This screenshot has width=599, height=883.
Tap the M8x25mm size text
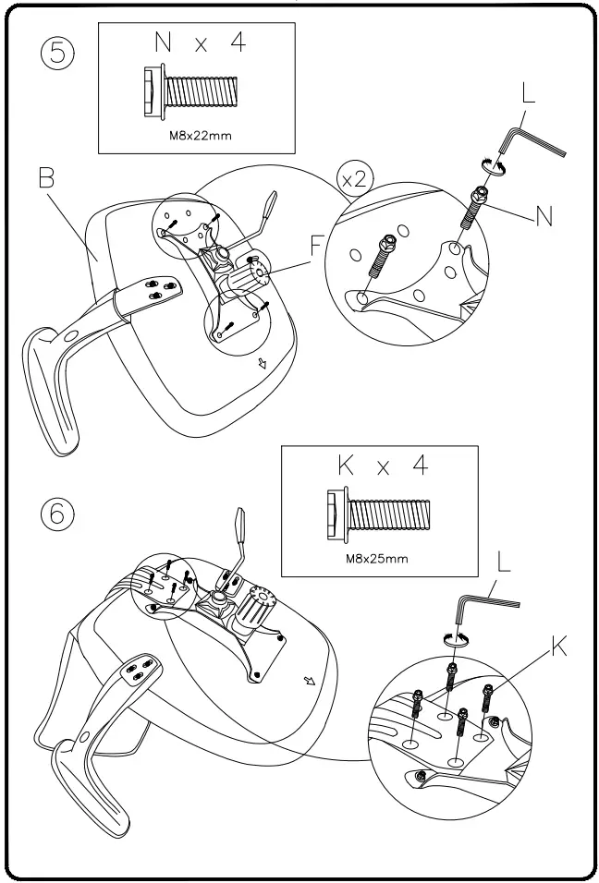click(x=379, y=558)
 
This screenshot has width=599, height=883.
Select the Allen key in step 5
click(x=531, y=141)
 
